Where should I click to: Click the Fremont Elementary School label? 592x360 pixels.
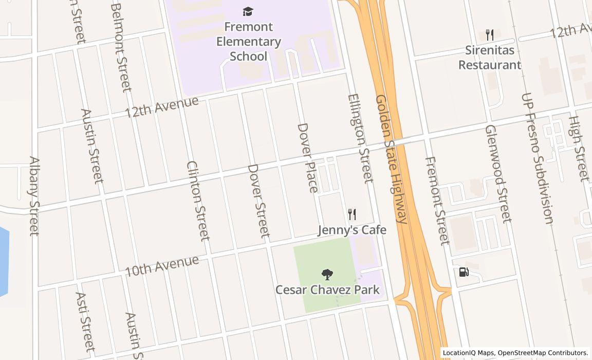pos(248,41)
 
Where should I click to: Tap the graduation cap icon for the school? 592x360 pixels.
pos(248,11)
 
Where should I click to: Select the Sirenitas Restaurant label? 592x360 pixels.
pos(489,58)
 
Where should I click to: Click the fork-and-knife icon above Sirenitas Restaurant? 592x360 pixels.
pos(489,35)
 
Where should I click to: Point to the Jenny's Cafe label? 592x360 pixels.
pos(351,230)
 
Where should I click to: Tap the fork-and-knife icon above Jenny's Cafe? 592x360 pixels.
pos(352,214)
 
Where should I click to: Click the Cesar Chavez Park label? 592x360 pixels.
pos(327,290)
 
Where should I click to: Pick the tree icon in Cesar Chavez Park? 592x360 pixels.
pos(326,275)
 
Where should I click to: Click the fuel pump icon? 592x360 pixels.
pos(464,272)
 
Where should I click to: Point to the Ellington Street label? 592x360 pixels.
pos(360,138)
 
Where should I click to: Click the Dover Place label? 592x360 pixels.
pos(308,157)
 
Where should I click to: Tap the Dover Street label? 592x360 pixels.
pos(258,201)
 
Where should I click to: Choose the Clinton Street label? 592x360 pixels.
pos(198,201)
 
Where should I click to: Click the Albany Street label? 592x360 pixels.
pos(34,196)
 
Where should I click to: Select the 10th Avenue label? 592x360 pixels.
pos(161,265)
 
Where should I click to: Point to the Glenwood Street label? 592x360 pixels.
pos(498,173)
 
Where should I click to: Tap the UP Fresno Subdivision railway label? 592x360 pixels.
pos(537,158)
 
